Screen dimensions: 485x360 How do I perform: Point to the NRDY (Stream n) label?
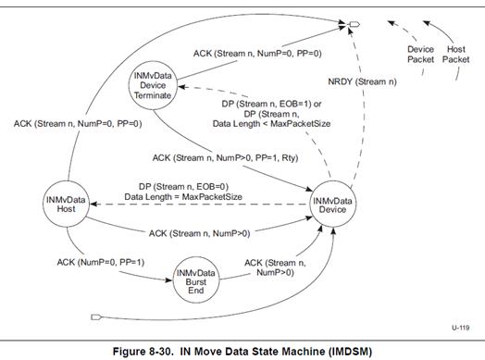(x=362, y=82)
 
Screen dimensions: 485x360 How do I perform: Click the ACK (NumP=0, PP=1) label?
(x=101, y=263)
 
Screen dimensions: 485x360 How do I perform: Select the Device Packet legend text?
(x=420, y=55)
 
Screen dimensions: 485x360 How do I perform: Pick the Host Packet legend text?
(x=456, y=55)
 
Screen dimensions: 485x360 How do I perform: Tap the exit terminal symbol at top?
(x=354, y=24)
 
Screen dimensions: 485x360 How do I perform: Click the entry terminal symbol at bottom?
(x=96, y=317)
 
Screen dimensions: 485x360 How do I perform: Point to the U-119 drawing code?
(x=461, y=328)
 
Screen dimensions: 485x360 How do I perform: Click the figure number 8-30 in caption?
(x=161, y=352)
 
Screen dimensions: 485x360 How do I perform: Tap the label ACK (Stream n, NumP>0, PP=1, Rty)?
(x=225, y=158)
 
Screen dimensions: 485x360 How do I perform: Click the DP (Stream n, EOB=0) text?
(x=183, y=187)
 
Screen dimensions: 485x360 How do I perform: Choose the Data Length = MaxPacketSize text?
(x=183, y=197)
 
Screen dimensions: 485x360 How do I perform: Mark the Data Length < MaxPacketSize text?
(x=271, y=124)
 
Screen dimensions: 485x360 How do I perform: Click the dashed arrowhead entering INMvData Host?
(x=93, y=205)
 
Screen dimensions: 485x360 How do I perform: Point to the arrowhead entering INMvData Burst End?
(x=168, y=280)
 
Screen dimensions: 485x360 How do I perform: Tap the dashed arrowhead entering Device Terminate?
(x=181, y=87)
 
